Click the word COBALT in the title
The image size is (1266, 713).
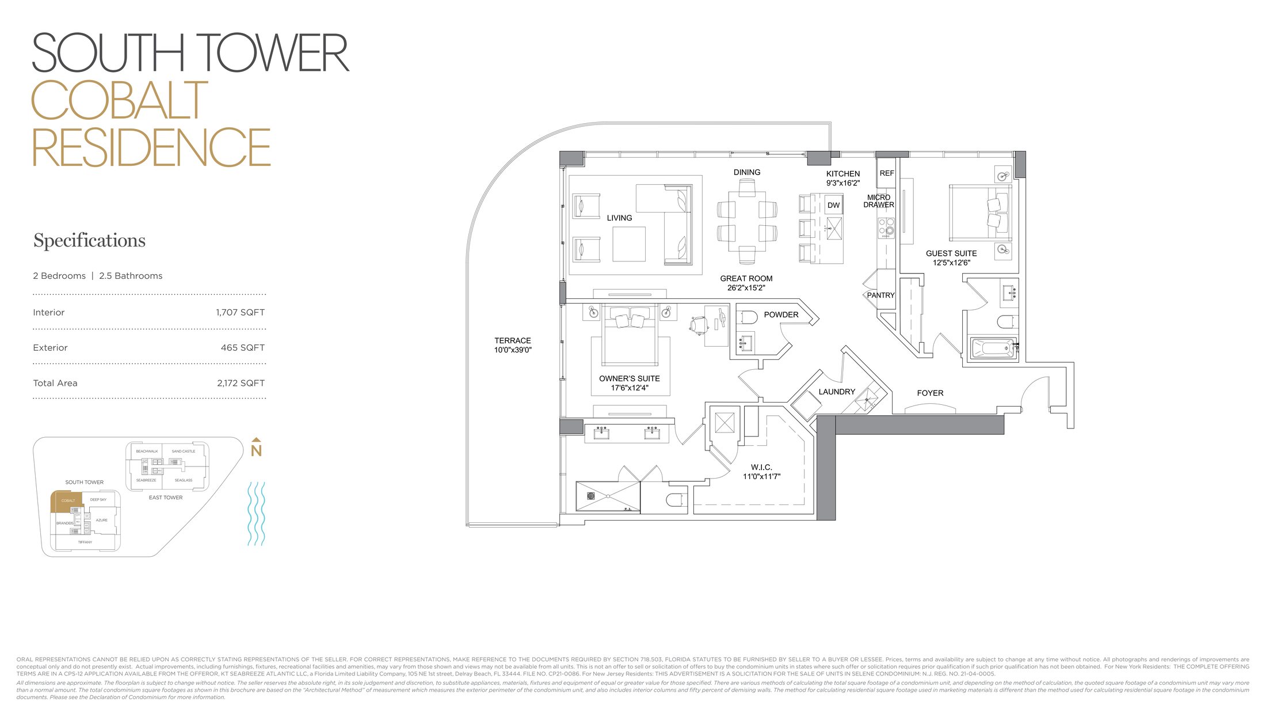(119, 100)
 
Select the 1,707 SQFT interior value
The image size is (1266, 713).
(240, 313)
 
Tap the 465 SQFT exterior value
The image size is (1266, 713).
(242, 348)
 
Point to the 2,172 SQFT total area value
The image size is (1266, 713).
(241, 383)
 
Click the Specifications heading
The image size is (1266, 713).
(89, 241)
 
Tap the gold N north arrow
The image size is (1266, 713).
(256, 449)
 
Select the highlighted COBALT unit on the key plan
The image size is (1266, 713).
(68, 501)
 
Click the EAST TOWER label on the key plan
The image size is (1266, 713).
(166, 498)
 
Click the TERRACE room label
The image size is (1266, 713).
(512, 341)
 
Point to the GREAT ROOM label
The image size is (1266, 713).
(746, 279)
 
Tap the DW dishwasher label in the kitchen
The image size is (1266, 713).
(833, 205)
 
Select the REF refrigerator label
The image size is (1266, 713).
(887, 173)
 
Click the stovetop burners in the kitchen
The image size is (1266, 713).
(886, 227)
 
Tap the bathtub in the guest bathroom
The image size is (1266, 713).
(993, 348)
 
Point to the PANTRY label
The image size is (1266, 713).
(880, 295)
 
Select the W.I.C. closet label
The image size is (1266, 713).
(761, 468)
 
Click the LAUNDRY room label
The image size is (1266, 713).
(837, 392)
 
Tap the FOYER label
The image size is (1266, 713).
(930, 393)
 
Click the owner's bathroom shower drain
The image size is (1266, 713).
(590, 496)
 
